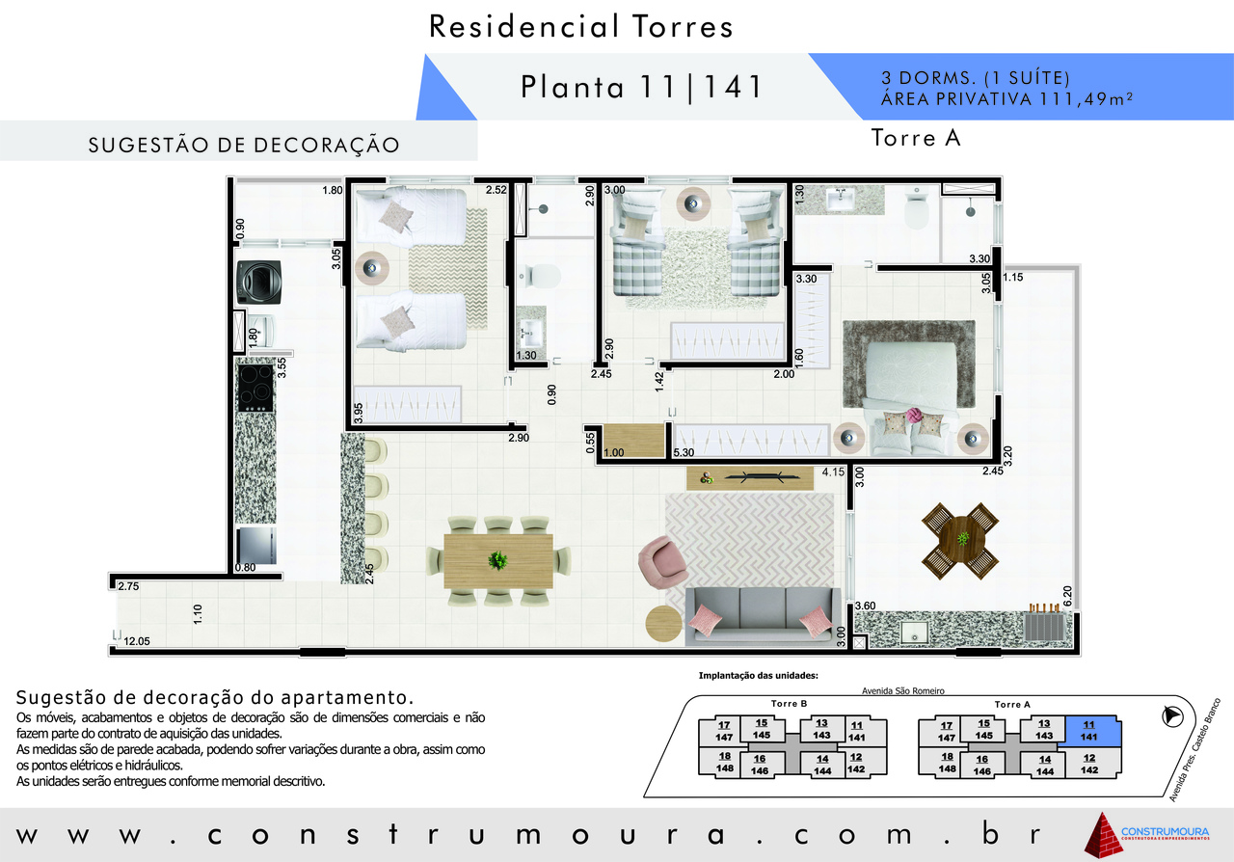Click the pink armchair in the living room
[661, 563]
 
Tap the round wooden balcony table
[962, 539]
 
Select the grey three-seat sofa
[763, 615]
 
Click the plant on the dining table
[498, 560]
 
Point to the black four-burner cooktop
[255, 388]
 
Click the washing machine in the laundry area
[259, 283]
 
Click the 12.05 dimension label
[137, 641]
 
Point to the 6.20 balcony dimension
[1066, 596]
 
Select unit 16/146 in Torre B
[759, 765]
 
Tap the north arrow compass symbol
[1172, 716]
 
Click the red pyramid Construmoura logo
[1104, 836]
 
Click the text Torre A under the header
[916, 138]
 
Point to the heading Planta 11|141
[642, 87]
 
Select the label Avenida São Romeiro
[903, 691]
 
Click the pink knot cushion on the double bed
[913, 416]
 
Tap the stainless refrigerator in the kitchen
[256, 546]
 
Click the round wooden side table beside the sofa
[664, 624]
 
